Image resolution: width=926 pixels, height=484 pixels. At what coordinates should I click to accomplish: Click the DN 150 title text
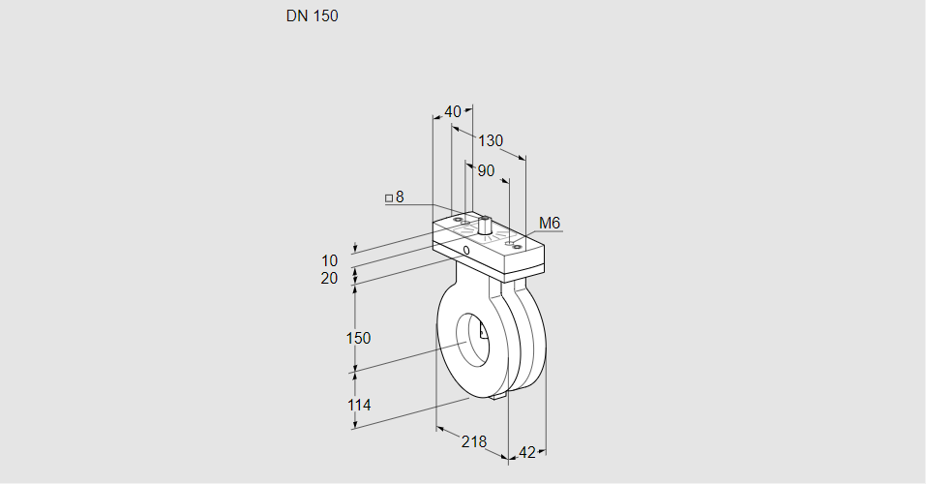coord(312,16)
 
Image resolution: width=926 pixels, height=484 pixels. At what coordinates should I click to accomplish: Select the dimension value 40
coord(453,112)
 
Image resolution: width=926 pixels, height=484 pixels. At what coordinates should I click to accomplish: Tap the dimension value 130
coord(491,141)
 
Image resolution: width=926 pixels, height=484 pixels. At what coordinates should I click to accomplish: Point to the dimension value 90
coord(486,171)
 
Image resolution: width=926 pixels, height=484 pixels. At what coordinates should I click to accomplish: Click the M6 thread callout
coord(550,224)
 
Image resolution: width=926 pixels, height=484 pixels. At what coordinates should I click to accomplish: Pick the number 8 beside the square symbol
coord(399,197)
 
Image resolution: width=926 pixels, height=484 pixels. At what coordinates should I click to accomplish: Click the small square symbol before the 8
coord(389,198)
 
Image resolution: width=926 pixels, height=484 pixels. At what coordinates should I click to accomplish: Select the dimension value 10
coord(330,260)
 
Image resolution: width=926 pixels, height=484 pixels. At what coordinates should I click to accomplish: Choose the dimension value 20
coord(330,279)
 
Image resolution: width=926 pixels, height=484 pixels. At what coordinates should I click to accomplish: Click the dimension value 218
coord(474,441)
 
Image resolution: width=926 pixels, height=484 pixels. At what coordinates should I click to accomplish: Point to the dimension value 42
coord(527,452)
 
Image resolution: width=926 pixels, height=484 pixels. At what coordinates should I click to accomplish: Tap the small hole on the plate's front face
coord(466,251)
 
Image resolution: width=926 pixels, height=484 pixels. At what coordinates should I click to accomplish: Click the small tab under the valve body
coord(499,394)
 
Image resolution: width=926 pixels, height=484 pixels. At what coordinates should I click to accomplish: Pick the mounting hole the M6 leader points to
coord(518,247)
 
